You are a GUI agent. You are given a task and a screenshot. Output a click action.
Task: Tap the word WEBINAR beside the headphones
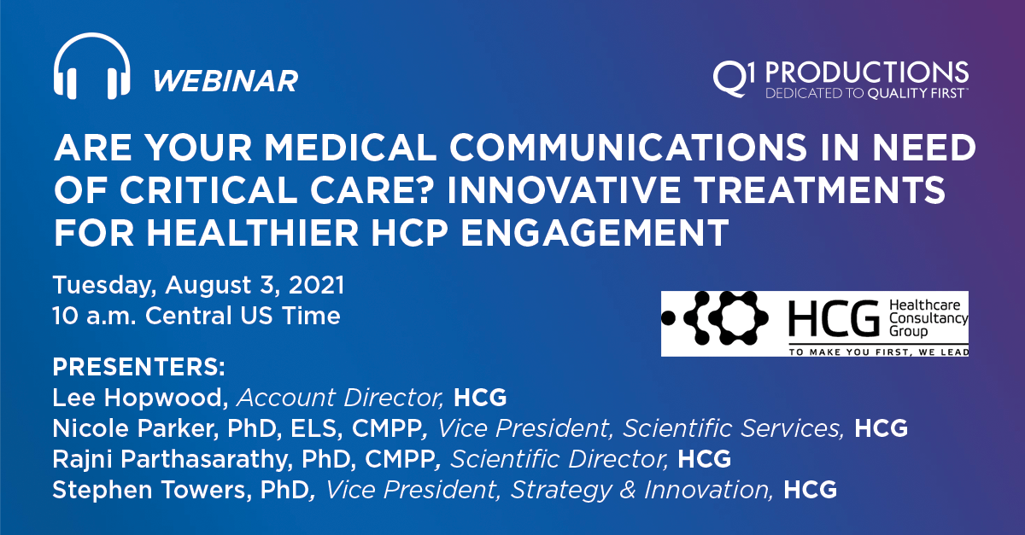pos(225,81)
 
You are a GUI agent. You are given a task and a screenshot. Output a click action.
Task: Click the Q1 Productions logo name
pos(840,73)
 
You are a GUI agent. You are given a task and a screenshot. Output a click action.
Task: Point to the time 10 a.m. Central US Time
pos(196,315)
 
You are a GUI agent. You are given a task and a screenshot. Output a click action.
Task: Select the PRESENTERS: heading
pos(139,369)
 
